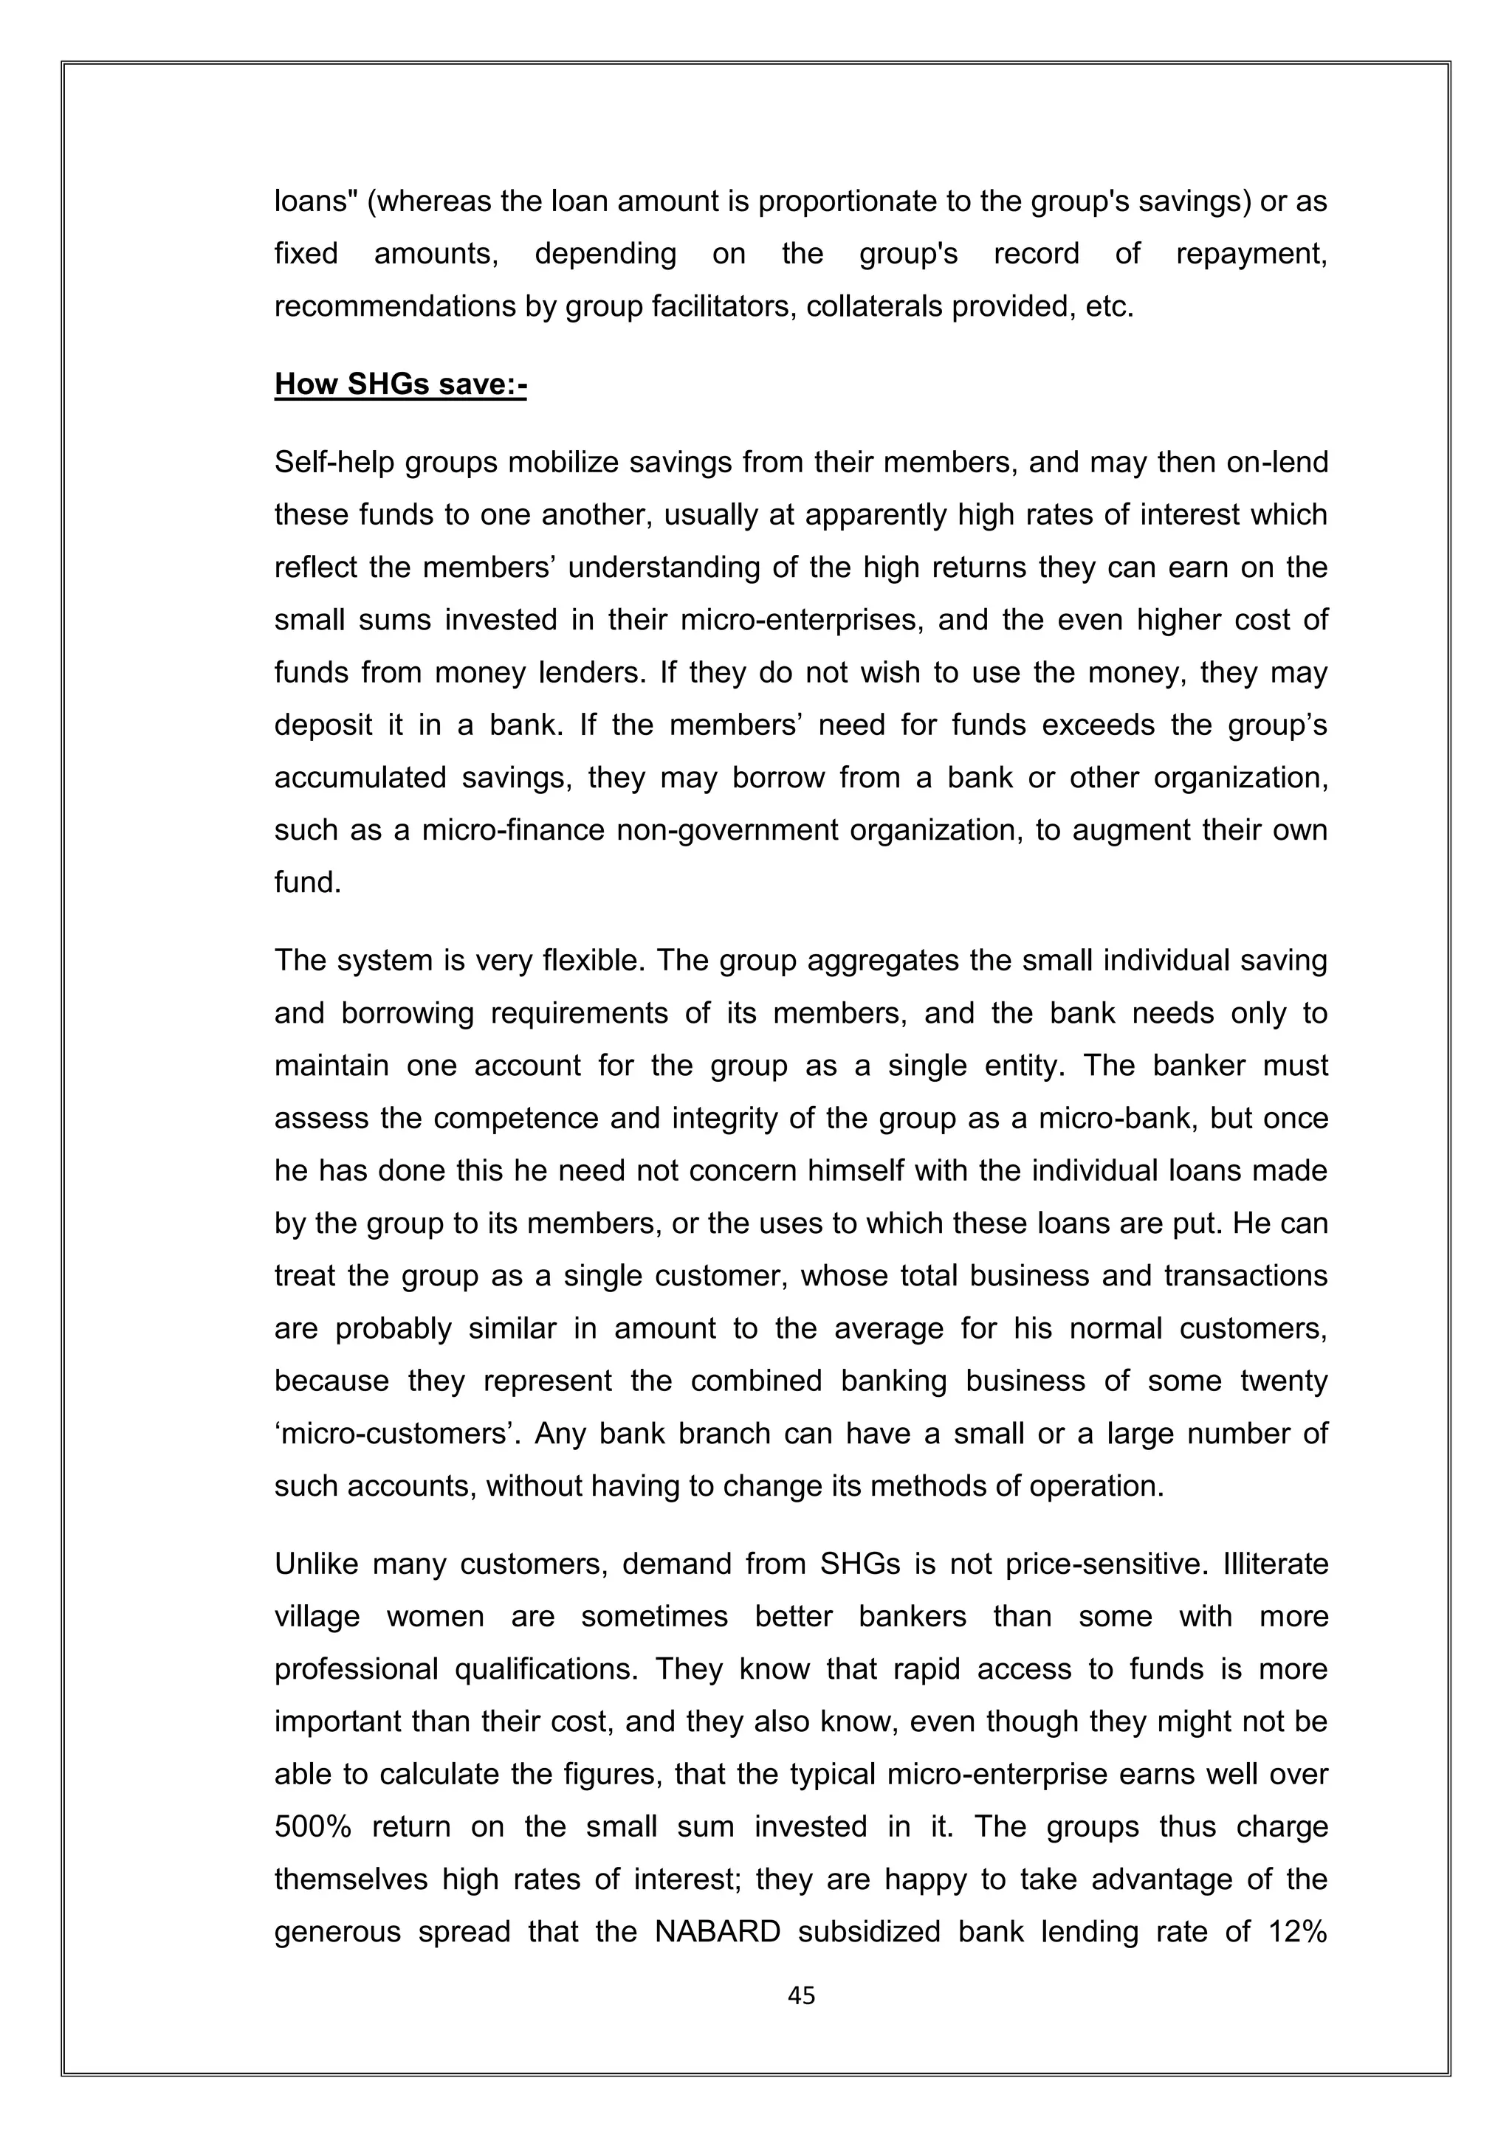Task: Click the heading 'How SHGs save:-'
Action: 400,384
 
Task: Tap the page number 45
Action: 801,1995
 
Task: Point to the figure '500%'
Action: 313,1826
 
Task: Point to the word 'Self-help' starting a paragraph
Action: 334,463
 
